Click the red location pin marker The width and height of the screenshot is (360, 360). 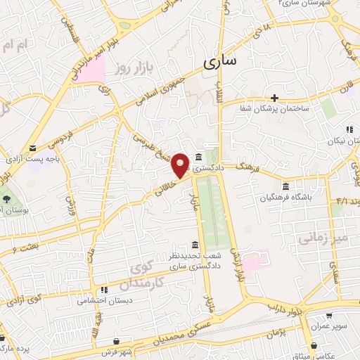[181, 165]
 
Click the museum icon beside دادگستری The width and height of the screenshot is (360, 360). [200, 157]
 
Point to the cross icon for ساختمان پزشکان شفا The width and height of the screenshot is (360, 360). [275, 97]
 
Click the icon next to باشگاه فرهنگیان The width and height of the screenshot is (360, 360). [285, 186]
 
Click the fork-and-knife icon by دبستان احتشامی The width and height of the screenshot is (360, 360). [103, 289]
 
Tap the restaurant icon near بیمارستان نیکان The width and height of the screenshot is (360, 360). [348, 129]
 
